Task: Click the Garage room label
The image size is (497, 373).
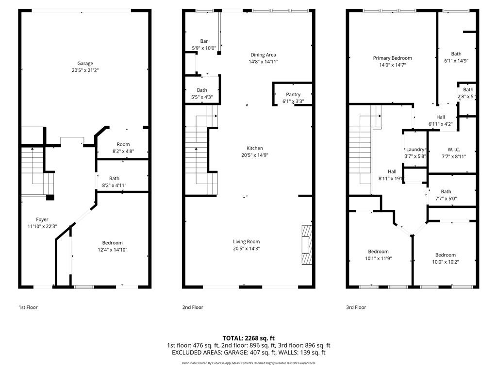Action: point(85,63)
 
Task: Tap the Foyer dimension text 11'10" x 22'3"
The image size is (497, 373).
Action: point(42,226)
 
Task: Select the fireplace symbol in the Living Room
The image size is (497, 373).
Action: point(307,244)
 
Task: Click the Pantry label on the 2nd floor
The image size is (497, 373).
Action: point(293,94)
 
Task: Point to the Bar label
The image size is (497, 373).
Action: point(204,41)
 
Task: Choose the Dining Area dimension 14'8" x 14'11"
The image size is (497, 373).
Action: point(264,62)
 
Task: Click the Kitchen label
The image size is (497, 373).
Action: point(254,148)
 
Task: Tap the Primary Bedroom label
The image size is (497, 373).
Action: point(392,58)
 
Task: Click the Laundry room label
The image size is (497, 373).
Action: point(415,149)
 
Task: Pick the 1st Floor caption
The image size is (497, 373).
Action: point(28,307)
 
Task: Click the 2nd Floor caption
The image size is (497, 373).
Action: point(193,307)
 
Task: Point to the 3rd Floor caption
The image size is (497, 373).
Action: point(356,307)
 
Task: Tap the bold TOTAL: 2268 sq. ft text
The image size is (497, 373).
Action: point(248,338)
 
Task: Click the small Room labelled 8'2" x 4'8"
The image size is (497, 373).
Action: point(123,144)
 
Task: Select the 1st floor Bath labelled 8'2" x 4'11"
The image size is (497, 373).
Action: point(114,178)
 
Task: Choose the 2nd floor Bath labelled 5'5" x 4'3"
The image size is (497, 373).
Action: point(202,90)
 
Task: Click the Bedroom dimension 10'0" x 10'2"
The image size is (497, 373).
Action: point(445,262)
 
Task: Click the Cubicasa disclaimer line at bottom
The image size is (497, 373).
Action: point(248,363)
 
